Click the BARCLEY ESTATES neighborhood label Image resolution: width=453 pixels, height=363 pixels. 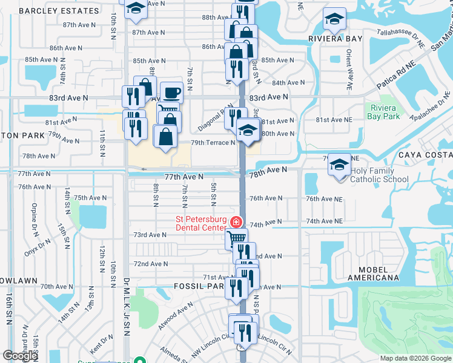[59, 11]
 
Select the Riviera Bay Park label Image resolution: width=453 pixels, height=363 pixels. [384, 112]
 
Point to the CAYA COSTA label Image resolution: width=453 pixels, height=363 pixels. [425, 155]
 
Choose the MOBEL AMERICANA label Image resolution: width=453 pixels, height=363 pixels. [373, 273]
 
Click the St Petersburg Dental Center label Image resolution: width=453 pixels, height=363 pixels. [201, 223]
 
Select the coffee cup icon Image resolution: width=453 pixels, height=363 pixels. [172, 92]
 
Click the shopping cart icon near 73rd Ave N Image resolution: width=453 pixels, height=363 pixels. [236, 238]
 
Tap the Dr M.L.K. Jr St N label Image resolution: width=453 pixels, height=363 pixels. [127, 305]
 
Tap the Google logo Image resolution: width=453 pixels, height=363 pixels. [20, 356]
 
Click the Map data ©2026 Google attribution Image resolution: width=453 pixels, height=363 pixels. [415, 358]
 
